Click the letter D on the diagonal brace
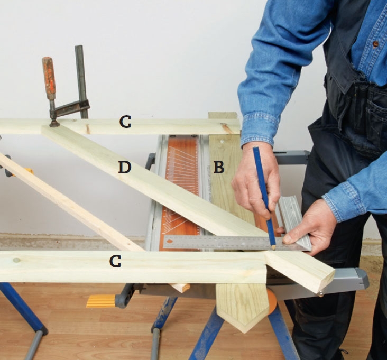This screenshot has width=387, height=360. (125, 167)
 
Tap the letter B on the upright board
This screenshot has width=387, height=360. (219, 167)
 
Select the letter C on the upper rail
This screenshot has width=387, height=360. (125, 122)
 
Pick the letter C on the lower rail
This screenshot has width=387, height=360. (115, 261)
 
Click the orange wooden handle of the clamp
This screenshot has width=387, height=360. (49, 78)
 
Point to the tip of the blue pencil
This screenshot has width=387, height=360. (273, 248)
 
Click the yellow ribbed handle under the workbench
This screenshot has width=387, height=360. (100, 301)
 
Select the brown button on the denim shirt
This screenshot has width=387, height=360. (375, 44)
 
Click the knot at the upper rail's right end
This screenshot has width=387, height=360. (226, 128)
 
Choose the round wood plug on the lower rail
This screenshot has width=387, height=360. (16, 260)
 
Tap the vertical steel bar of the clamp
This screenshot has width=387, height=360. (81, 81)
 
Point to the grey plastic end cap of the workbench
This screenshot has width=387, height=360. (361, 278)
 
